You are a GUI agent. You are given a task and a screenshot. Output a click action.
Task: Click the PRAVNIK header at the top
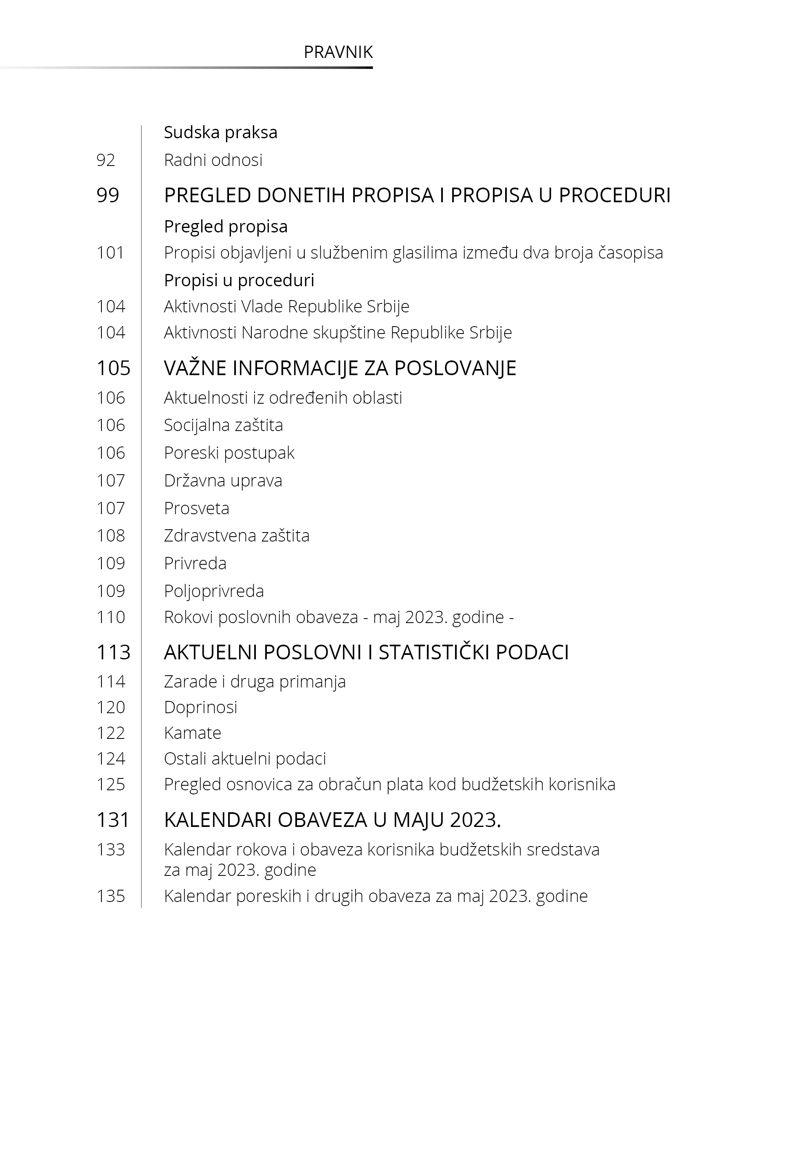pos(338,52)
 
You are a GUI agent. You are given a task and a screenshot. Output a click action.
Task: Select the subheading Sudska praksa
pos(220,133)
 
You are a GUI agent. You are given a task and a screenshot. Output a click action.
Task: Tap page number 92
pos(106,160)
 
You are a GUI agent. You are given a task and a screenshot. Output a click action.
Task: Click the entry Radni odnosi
pos(213,160)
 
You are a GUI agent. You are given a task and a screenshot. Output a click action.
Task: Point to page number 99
pos(108,195)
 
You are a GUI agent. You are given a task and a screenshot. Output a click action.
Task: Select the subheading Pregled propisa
pos(225,227)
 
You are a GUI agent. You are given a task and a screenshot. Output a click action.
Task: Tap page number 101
pos(110,253)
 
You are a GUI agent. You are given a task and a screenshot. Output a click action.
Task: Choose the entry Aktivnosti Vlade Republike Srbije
pos(286,306)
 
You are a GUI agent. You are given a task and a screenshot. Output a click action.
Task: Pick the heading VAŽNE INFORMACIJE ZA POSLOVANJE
pos(340,368)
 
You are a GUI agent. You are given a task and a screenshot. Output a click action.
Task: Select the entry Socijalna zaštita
pos(223,425)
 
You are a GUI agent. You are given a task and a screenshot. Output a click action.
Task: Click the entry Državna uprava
pos(223,480)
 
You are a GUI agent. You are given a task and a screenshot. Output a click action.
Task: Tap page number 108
pos(110,536)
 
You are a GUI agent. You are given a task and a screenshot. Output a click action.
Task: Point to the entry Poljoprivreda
pos(214,591)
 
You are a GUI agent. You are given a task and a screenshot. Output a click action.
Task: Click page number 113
pos(113,652)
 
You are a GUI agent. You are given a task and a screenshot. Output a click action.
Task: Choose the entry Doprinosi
pos(200,707)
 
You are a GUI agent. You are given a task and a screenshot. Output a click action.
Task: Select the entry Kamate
pos(193,733)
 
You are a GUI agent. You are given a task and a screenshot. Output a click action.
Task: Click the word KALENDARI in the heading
pos(218,820)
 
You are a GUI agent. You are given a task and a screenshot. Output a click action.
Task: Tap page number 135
pos(110,896)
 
